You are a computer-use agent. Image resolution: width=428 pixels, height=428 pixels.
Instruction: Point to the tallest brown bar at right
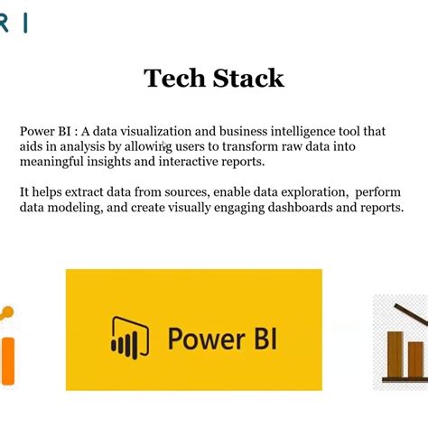(395, 355)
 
